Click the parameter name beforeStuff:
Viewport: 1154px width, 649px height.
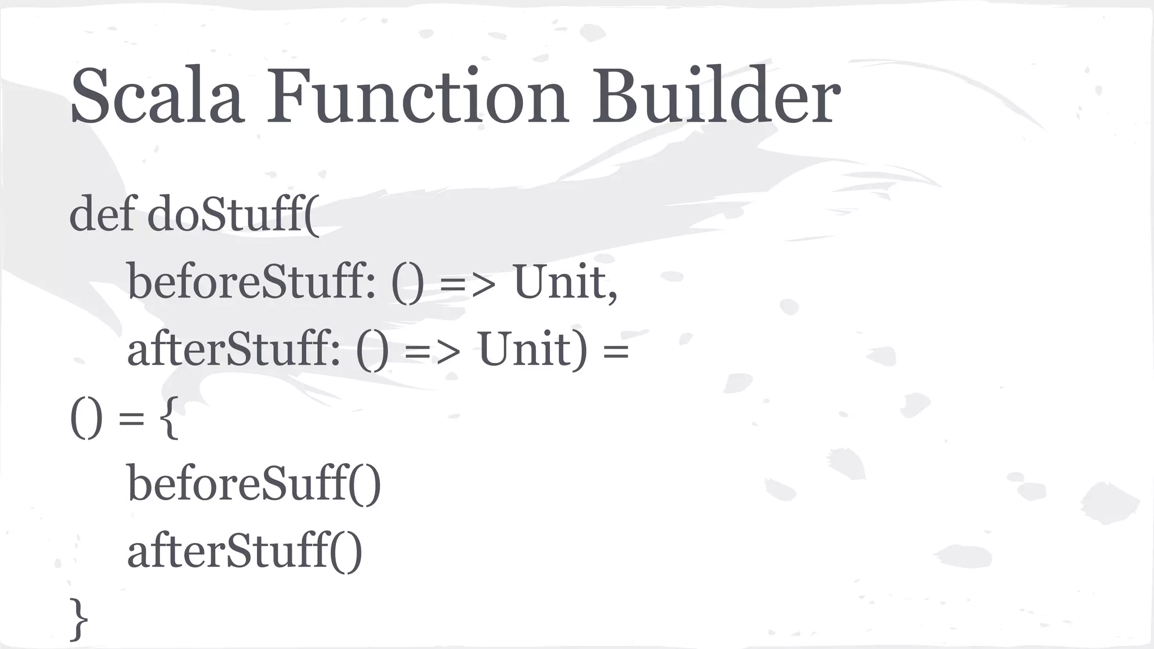point(251,282)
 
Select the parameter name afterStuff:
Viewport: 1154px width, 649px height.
point(233,349)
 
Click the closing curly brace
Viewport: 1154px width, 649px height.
point(79,620)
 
